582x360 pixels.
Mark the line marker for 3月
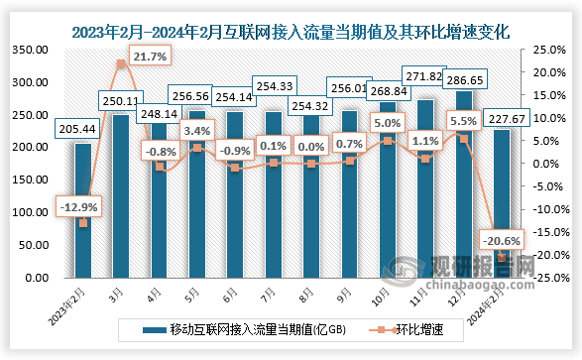click(121, 63)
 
